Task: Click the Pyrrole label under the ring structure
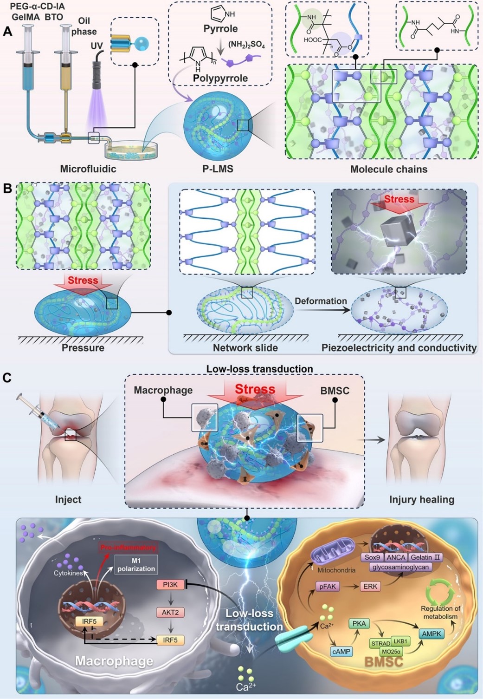pos(220,29)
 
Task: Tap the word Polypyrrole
pos(220,78)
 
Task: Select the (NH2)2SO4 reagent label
pos(246,45)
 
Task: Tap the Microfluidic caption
pos(88,169)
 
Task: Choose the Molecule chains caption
pos(388,169)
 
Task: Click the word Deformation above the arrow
pos(321,301)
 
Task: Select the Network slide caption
pos(245,348)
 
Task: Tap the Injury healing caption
pos(421,500)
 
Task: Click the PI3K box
pos(170,584)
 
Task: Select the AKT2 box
pos(170,612)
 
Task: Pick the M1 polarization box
pos(136,565)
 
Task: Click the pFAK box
pos(328,586)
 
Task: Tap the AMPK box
pos(431,634)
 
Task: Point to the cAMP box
pos(341,652)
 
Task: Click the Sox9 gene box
pos(372,557)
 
